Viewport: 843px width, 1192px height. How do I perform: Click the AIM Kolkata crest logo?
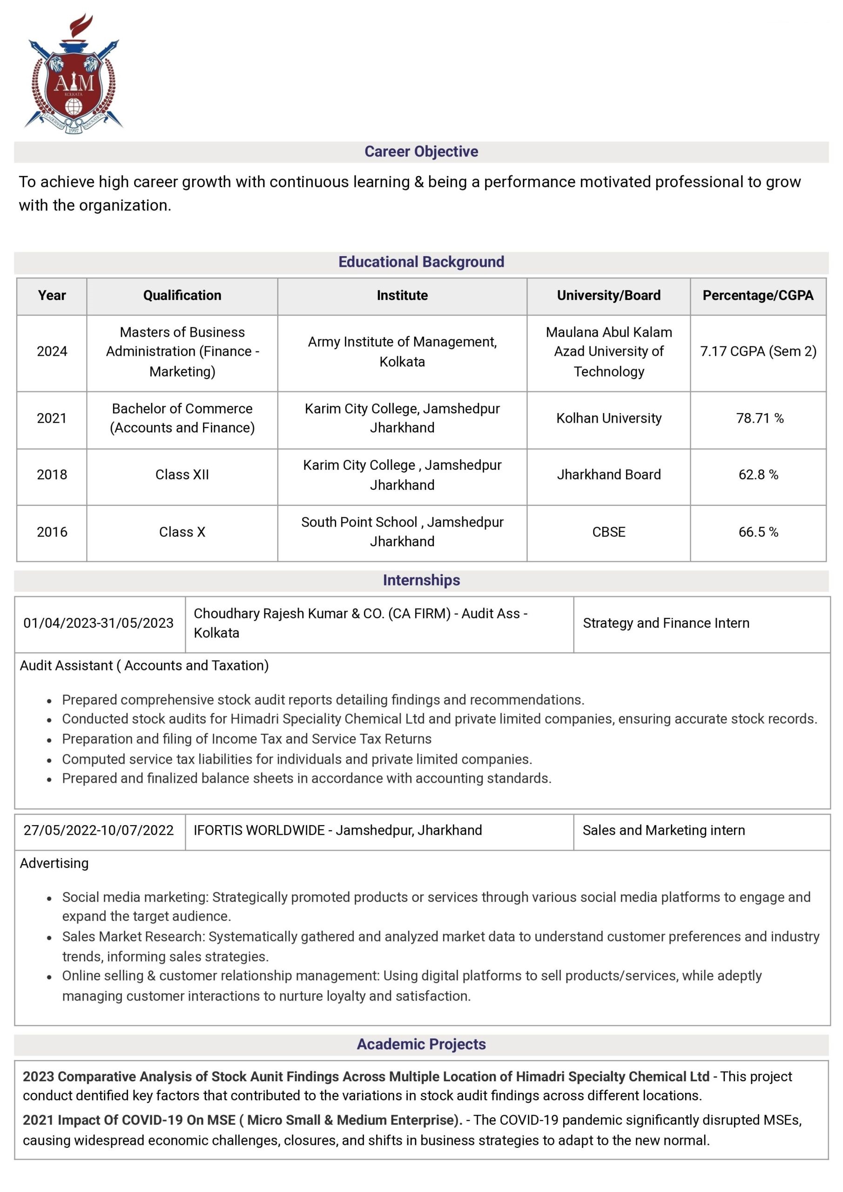click(x=73, y=74)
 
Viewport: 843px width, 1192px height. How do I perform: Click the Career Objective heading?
click(x=421, y=152)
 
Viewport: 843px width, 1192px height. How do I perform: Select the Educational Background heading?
click(x=421, y=262)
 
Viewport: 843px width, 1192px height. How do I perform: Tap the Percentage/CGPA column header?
click(x=757, y=295)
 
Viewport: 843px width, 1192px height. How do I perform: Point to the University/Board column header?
click(x=608, y=295)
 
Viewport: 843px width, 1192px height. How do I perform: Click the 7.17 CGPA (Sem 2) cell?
click(x=758, y=352)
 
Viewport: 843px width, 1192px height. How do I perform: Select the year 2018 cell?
click(x=52, y=474)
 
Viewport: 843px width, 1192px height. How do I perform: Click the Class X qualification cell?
click(x=182, y=532)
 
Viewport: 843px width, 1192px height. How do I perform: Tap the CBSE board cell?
click(x=608, y=532)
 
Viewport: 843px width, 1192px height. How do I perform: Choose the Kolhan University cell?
click(x=608, y=419)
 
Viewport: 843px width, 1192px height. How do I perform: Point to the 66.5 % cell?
click(x=758, y=532)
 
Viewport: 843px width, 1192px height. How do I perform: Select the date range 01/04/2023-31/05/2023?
click(x=99, y=623)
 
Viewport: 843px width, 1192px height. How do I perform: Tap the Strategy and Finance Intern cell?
click(x=666, y=623)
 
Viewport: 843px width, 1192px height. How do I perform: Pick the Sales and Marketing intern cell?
click(x=663, y=830)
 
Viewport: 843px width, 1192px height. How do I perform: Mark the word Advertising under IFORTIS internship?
click(x=54, y=863)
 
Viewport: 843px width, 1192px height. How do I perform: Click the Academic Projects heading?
click(x=421, y=1044)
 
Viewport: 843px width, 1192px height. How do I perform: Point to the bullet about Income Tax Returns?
click(x=247, y=739)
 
